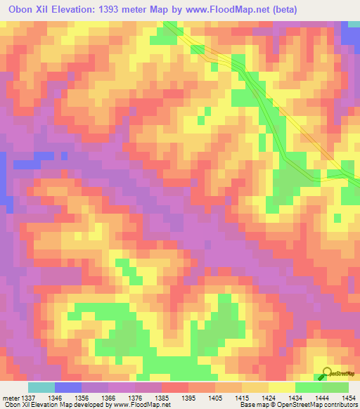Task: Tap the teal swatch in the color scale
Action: [41, 387]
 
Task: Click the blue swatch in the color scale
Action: [68, 387]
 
